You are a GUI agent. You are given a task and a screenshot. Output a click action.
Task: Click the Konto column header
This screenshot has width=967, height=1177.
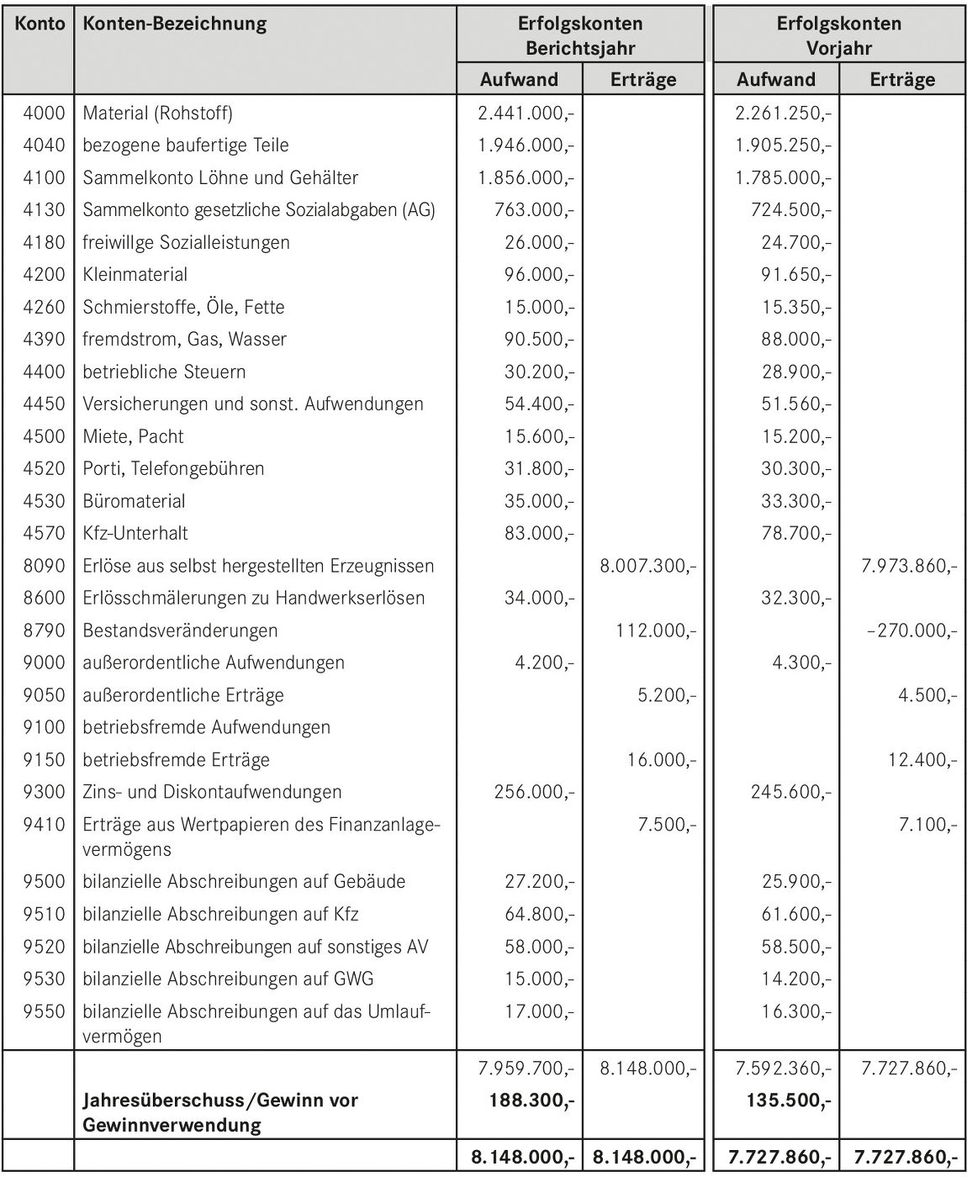click(x=40, y=24)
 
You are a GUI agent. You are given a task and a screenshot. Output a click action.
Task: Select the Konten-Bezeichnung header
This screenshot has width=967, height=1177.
click(x=175, y=25)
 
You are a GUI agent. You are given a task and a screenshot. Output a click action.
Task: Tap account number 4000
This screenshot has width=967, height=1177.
click(x=44, y=113)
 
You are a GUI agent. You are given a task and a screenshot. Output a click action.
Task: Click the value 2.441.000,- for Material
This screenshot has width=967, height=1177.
click(x=526, y=113)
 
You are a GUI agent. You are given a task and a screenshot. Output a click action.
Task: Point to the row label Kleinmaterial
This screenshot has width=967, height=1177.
click(x=135, y=275)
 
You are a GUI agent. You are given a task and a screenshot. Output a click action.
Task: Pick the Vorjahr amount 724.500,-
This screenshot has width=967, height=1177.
click(x=791, y=210)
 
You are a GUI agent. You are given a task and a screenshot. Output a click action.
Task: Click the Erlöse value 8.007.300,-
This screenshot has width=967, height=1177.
click(x=647, y=567)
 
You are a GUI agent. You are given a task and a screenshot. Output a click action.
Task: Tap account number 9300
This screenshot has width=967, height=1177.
click(x=44, y=792)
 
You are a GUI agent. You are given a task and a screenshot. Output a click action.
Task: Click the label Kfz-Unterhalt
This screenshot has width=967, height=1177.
click(x=135, y=534)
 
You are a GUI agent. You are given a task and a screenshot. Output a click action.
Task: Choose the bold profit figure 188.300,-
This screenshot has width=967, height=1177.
click(x=532, y=1100)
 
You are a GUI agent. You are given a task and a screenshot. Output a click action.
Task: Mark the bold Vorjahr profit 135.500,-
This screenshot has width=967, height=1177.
click(x=789, y=1100)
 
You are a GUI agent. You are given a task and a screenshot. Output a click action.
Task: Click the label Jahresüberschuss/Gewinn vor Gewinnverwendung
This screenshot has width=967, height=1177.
click(x=220, y=1113)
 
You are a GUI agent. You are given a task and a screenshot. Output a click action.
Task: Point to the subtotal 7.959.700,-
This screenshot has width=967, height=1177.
click(x=526, y=1069)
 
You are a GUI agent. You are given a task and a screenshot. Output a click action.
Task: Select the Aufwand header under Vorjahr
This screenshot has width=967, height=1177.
click(x=776, y=79)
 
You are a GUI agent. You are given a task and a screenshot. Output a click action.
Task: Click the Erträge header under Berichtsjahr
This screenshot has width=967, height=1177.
click(x=643, y=79)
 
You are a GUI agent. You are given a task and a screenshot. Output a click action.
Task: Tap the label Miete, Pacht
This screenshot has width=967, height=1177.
click(x=133, y=436)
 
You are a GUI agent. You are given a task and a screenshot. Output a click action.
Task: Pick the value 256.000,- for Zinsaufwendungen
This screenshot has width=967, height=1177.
click(x=534, y=793)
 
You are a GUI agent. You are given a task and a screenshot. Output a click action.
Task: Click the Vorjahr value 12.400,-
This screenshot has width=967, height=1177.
click(x=923, y=760)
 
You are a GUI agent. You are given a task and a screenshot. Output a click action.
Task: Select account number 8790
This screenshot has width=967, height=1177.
click(x=44, y=631)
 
